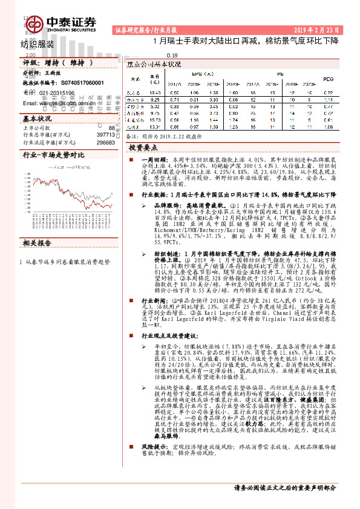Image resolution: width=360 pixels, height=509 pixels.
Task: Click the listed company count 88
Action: (111, 128)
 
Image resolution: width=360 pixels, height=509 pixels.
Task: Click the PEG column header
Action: (328, 79)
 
